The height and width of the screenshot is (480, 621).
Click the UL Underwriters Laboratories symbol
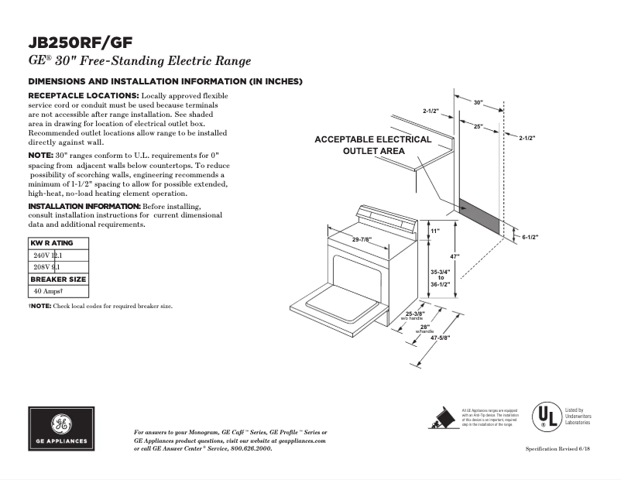coord(544,416)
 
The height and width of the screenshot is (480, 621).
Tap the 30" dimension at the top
coord(478,102)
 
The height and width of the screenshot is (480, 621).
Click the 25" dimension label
coord(479,125)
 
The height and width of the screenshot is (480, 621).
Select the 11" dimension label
coord(435,231)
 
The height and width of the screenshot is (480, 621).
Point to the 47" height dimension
coord(456,256)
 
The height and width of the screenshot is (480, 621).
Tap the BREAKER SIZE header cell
coord(58,279)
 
